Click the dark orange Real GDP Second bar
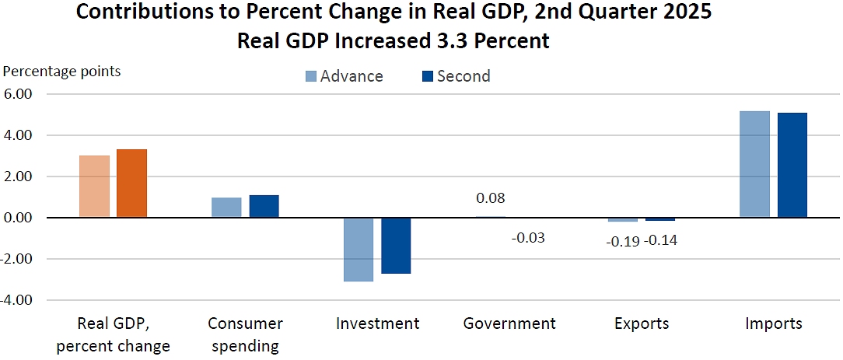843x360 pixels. pyautogui.click(x=131, y=183)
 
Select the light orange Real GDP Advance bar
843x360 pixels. pyautogui.click(x=94, y=187)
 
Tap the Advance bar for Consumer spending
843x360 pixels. pyautogui.click(x=226, y=208)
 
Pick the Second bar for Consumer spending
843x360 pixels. pyautogui.click(x=264, y=206)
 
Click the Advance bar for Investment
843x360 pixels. pyautogui.click(x=359, y=249)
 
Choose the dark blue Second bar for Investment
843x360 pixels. pyautogui.click(x=396, y=245)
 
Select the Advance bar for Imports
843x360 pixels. pyautogui.click(x=754, y=164)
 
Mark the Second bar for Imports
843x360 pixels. pyautogui.click(x=792, y=165)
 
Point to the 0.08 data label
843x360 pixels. pyautogui.click(x=490, y=198)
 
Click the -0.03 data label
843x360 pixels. pyautogui.click(x=528, y=237)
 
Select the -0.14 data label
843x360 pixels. pyautogui.click(x=660, y=240)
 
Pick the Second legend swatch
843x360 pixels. pyautogui.click(x=426, y=76)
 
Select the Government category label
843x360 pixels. pyautogui.click(x=509, y=323)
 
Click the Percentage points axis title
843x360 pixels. pyautogui.click(x=62, y=72)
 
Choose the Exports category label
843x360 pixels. pyautogui.click(x=641, y=323)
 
